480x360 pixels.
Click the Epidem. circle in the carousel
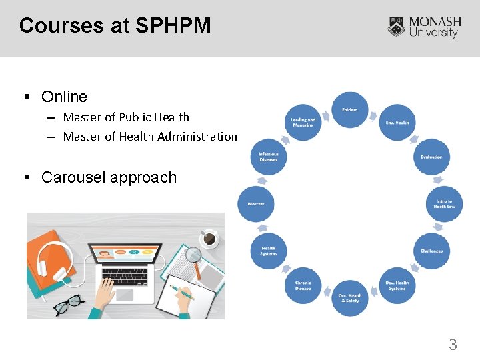(x=350, y=109)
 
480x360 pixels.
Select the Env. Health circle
(x=397, y=122)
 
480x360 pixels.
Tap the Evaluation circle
(x=431, y=157)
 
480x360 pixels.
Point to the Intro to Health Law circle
(x=444, y=204)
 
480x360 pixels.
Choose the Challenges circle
(x=431, y=251)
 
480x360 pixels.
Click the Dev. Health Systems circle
(x=397, y=285)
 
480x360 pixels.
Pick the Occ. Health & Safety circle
(x=349, y=298)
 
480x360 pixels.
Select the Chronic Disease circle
(x=303, y=285)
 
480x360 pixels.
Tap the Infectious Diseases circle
(x=269, y=157)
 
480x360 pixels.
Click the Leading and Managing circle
(x=303, y=123)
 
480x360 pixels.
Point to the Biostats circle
(x=257, y=204)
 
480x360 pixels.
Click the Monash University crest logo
(x=397, y=27)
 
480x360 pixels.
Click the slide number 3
(x=453, y=345)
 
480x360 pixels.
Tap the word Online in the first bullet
(x=64, y=97)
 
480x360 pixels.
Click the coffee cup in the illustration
(x=209, y=237)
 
